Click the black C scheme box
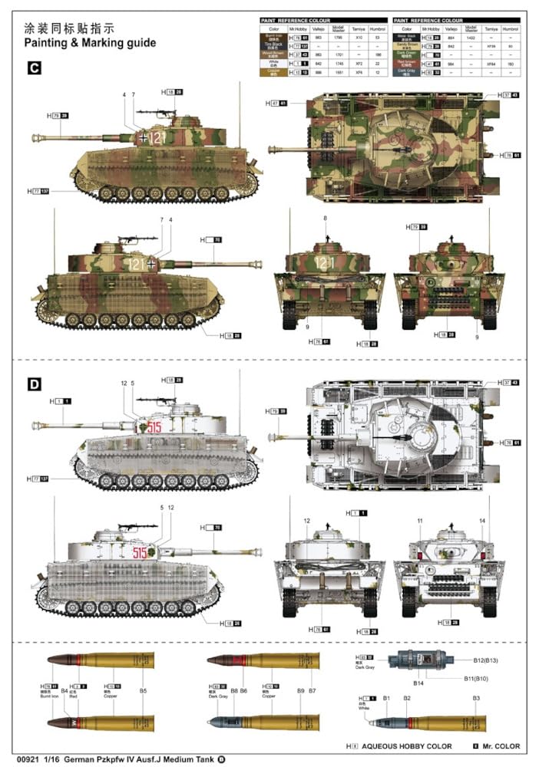pyautogui.click(x=34, y=68)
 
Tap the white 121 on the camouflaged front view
pyautogui.click(x=326, y=262)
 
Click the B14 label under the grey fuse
pyautogui.click(x=419, y=683)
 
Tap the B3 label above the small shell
pyautogui.click(x=476, y=698)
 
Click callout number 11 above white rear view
pyautogui.click(x=420, y=521)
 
